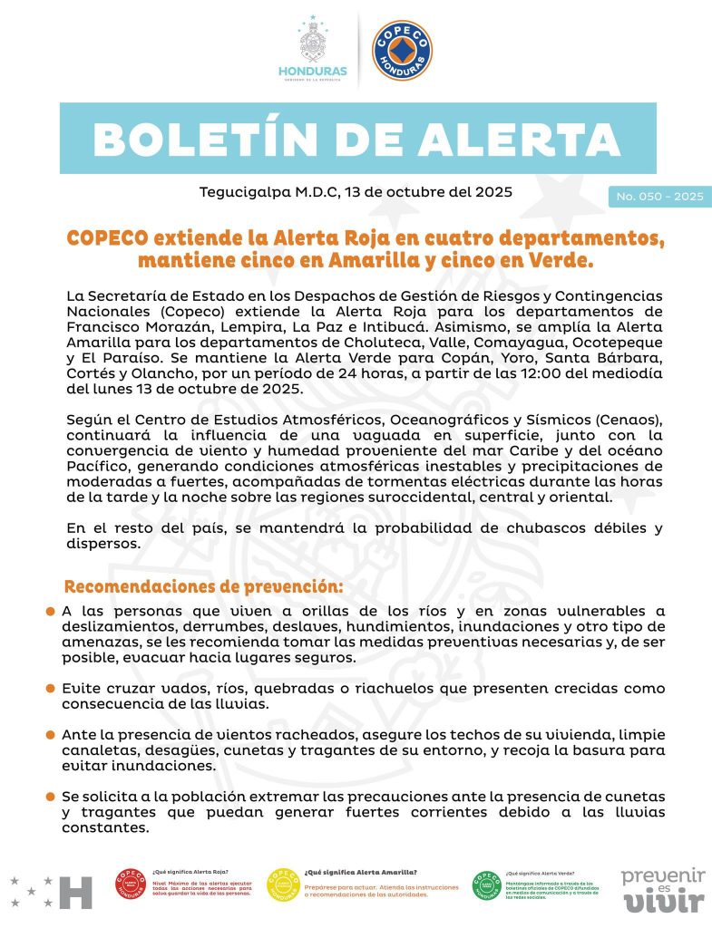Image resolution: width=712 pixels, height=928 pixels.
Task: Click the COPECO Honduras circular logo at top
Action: pyautogui.click(x=402, y=50)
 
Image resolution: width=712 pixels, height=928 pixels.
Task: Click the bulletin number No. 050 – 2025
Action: pyautogui.click(x=659, y=197)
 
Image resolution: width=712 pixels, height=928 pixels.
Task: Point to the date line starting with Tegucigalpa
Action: pyautogui.click(x=356, y=192)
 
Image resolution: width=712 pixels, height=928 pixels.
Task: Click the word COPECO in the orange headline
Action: pyautogui.click(x=107, y=239)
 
